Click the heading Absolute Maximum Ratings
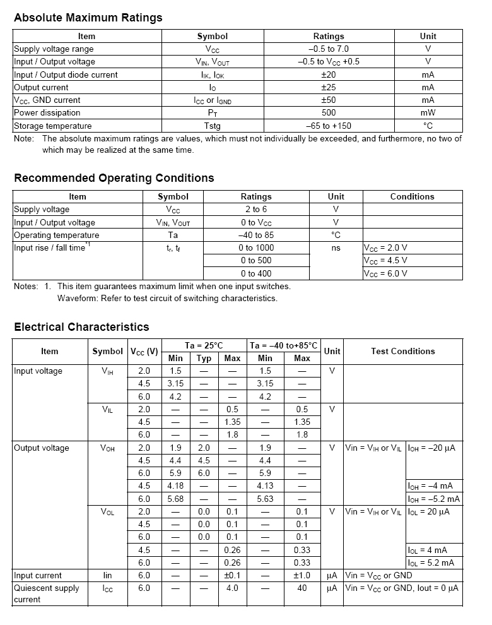[88, 18]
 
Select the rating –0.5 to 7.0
[329, 49]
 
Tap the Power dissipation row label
[47, 112]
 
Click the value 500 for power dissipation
[329, 112]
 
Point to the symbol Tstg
[212, 126]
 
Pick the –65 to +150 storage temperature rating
[329, 126]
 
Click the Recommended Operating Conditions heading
[114, 178]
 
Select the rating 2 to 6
[256, 209]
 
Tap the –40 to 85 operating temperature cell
[256, 235]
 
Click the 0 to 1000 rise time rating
[256, 247]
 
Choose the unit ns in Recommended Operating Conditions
[336, 247]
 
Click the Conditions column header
[412, 196]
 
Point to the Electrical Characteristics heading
[81, 327]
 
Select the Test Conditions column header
[402, 351]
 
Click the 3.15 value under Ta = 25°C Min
[175, 383]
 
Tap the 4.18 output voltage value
[175, 485]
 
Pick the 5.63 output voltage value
[265, 498]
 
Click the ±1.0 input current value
[302, 575]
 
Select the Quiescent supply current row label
[47, 593]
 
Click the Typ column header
[204, 358]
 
